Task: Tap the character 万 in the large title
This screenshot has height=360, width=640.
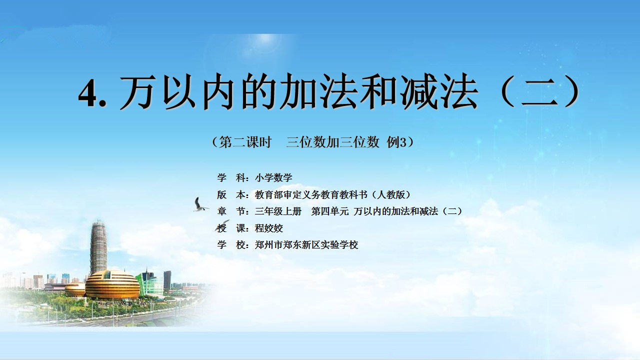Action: click(139, 91)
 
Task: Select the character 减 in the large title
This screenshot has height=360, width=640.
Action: click(419, 91)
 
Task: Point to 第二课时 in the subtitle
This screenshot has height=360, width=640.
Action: click(245, 142)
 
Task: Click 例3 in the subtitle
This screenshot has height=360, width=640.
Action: click(396, 142)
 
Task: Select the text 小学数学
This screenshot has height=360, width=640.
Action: click(273, 177)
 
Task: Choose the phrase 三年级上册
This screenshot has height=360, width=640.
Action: click(278, 211)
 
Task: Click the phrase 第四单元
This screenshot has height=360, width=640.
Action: click(329, 211)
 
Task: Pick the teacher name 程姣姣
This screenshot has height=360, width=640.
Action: click(269, 228)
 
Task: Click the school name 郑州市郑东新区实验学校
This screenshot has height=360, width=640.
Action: click(306, 245)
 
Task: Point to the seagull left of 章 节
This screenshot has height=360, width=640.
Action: click(200, 204)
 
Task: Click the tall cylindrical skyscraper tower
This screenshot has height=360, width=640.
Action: click(98, 248)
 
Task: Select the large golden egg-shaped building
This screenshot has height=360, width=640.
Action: click(112, 284)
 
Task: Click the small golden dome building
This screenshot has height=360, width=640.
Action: click(75, 289)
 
